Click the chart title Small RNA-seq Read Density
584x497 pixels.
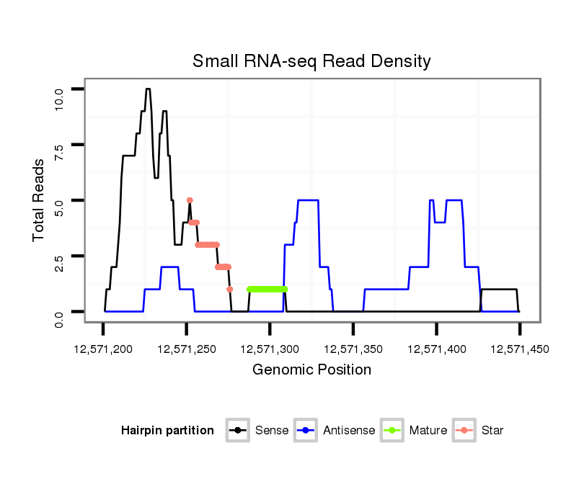coord(311,61)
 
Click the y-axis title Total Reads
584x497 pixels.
coord(39,200)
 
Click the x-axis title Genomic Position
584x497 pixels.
coord(311,370)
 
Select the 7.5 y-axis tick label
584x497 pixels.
coord(59,145)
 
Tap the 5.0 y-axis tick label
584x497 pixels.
coord(59,200)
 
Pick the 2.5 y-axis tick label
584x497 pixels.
coord(59,256)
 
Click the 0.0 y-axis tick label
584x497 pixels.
coord(59,312)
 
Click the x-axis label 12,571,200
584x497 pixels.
coord(103,349)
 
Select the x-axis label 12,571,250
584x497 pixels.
coord(187,349)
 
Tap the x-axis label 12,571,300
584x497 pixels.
coord(270,349)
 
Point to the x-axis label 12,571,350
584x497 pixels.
coord(353,349)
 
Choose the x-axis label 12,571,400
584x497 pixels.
coord(436,349)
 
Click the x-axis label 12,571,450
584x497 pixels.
coord(520,349)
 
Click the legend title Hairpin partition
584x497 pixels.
coord(167,431)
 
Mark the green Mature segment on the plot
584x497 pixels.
coord(267,290)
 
